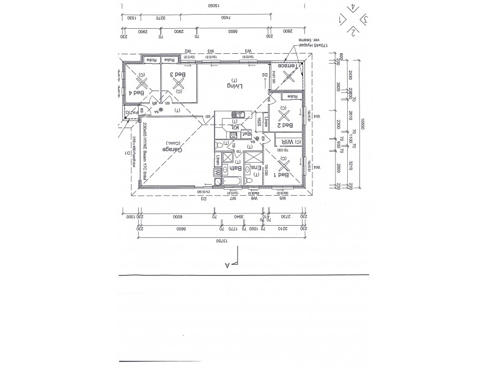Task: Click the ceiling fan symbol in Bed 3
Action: coord(178,85)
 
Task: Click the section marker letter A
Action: coord(227,265)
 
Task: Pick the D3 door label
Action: coord(204,199)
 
